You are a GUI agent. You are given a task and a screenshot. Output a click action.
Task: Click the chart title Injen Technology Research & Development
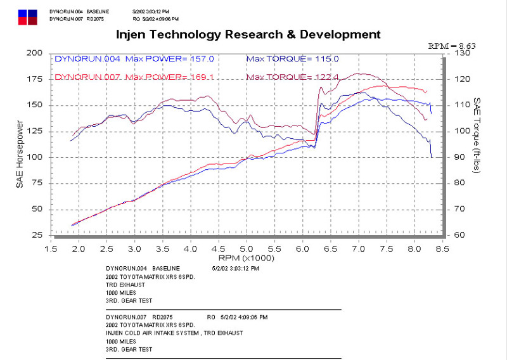(248, 34)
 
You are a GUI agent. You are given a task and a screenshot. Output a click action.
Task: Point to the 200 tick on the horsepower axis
(33, 53)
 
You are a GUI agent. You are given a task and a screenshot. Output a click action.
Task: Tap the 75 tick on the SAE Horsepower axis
(35, 183)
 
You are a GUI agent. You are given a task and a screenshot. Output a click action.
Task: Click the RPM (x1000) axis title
(247, 259)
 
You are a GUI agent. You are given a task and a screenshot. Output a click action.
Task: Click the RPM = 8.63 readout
(451, 46)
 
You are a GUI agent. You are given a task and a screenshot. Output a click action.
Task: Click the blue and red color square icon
(28, 16)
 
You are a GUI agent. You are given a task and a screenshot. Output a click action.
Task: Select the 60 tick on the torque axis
(459, 235)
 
